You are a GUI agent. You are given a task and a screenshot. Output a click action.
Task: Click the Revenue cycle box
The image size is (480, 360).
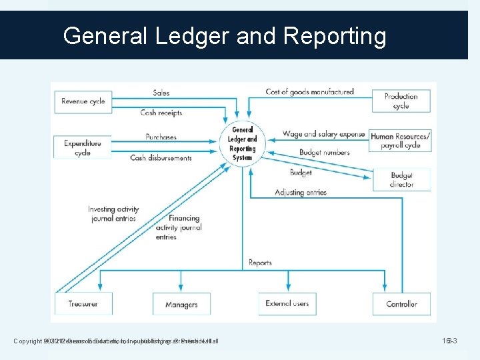point(83,101)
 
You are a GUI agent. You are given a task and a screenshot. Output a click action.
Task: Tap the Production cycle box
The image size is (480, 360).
point(401,101)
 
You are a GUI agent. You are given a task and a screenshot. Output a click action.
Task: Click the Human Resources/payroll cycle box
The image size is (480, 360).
point(401,140)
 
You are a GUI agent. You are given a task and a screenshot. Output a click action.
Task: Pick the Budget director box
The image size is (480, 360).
point(401,179)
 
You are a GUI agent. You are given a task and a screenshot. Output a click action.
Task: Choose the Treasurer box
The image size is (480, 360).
point(83,304)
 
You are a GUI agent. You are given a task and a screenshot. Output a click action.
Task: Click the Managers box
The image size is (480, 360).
point(181,305)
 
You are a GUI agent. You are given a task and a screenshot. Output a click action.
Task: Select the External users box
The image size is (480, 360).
point(287,304)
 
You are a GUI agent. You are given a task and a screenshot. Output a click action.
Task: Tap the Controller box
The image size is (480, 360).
point(401,304)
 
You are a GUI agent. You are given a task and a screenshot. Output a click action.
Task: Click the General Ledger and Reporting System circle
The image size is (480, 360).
point(243,143)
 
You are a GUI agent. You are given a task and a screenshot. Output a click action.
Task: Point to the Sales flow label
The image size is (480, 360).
point(161,93)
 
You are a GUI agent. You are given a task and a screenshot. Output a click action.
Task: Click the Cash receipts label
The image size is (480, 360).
point(161,113)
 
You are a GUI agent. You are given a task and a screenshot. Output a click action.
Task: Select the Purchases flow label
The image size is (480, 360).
point(161,137)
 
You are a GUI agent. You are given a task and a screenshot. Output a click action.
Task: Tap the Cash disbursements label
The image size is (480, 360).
point(161,158)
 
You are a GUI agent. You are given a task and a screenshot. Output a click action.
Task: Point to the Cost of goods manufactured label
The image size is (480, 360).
point(309,92)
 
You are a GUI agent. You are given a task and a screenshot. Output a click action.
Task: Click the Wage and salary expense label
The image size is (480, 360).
point(324,134)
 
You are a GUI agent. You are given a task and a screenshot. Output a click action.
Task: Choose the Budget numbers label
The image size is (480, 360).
point(324,152)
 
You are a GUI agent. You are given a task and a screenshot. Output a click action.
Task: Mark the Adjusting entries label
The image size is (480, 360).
point(301,193)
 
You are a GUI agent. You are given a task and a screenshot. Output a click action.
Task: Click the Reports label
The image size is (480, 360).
point(260,263)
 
